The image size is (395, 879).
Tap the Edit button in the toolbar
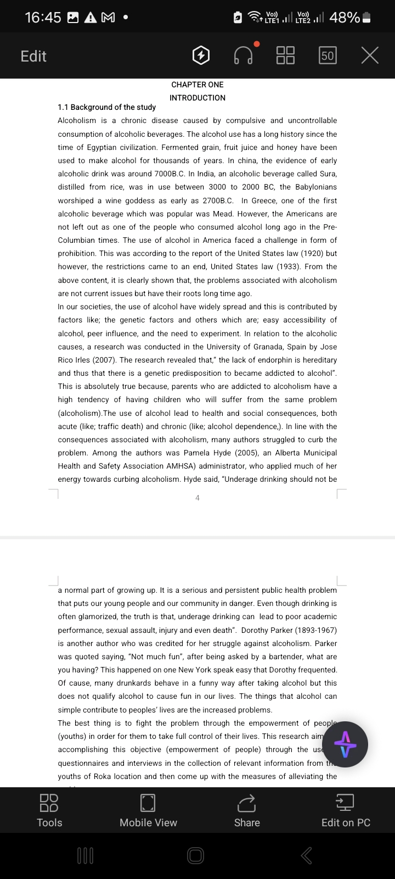pyautogui.click(x=33, y=56)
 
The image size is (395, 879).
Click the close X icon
pyautogui.click(x=370, y=55)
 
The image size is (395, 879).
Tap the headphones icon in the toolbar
pyautogui.click(x=244, y=55)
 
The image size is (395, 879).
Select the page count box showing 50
pyautogui.click(x=328, y=55)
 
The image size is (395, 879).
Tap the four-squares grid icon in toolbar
pyautogui.click(x=285, y=55)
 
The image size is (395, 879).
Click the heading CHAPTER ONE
pyautogui.click(x=198, y=85)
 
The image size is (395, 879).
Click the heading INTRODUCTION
pyautogui.click(x=198, y=98)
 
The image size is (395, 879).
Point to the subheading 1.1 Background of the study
pyautogui.click(x=106, y=107)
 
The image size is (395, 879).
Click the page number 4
pyautogui.click(x=198, y=498)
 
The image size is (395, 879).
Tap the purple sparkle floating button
pyautogui.click(x=345, y=744)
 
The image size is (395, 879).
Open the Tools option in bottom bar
pyautogui.click(x=49, y=810)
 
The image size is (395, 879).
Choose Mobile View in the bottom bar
pyautogui.click(x=148, y=810)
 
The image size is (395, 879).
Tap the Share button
pyautogui.click(x=247, y=810)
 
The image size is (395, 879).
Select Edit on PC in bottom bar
pyautogui.click(x=346, y=810)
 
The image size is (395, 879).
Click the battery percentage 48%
pyautogui.click(x=345, y=18)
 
